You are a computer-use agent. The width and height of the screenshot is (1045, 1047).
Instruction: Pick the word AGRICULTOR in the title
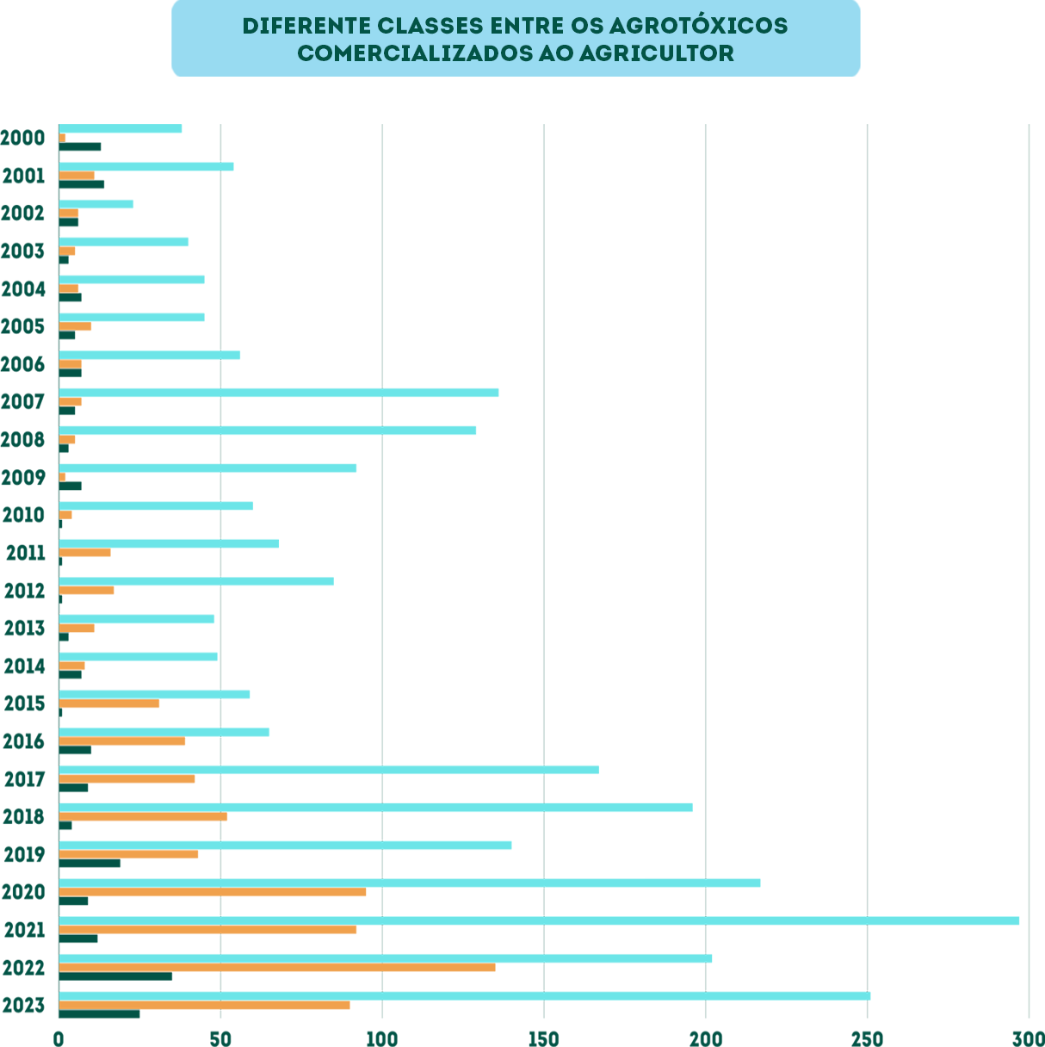point(657,53)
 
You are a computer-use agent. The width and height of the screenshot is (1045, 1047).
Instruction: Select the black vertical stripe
point(826,431)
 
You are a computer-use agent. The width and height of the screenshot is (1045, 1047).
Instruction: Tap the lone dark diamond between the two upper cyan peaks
point(382,412)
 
